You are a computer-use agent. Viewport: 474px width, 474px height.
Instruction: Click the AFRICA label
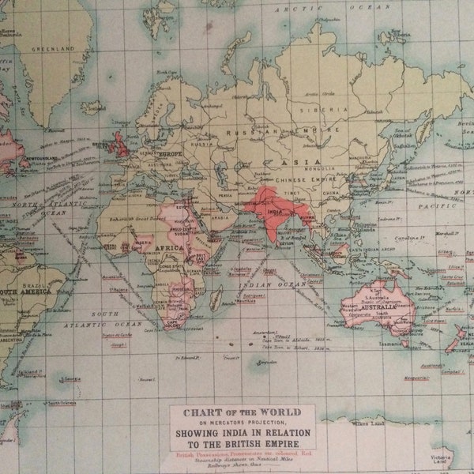[x=169, y=247]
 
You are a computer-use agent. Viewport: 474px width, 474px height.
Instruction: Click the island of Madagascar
[x=216, y=298]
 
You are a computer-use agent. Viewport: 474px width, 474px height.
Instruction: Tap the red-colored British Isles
[x=120, y=145]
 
